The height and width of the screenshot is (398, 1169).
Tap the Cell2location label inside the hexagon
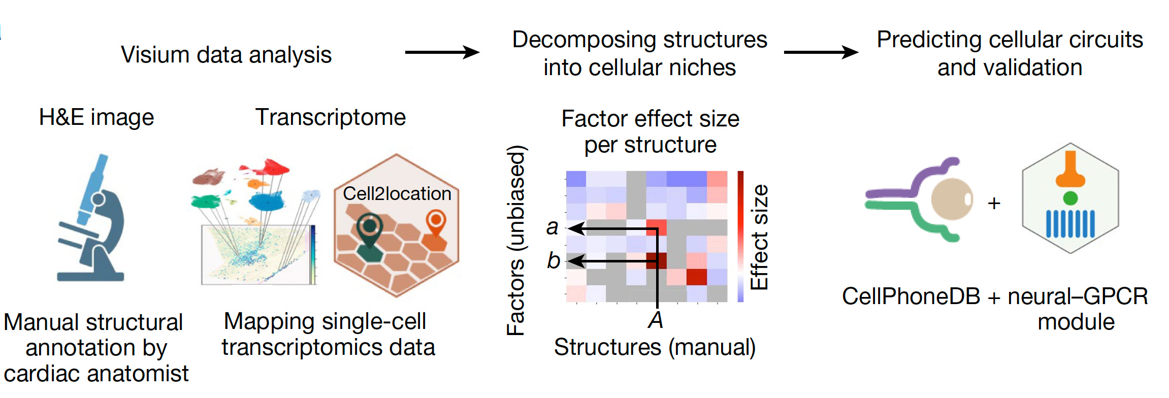click(x=397, y=193)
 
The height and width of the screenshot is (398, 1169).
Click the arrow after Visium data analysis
click(x=442, y=52)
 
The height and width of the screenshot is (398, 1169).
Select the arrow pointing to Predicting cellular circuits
click(x=821, y=52)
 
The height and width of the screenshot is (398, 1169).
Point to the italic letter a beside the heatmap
click(x=553, y=227)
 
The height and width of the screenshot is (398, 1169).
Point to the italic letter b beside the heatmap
click(x=553, y=261)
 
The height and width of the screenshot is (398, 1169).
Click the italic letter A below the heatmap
click(x=656, y=320)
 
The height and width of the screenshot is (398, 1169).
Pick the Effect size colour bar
click(x=740, y=237)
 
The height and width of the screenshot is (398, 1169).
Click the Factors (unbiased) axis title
click(x=516, y=241)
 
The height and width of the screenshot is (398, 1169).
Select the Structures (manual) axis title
click(x=655, y=348)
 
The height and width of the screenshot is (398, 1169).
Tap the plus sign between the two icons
click(x=994, y=204)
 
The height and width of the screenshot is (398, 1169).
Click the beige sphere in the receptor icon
click(x=951, y=200)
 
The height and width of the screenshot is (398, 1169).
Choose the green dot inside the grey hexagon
click(x=1070, y=198)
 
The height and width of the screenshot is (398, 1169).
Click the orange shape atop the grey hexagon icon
click(x=1070, y=171)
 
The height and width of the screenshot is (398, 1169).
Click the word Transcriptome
click(x=331, y=117)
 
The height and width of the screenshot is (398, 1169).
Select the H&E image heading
click(x=96, y=117)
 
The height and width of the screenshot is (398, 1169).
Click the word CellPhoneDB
click(x=911, y=296)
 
